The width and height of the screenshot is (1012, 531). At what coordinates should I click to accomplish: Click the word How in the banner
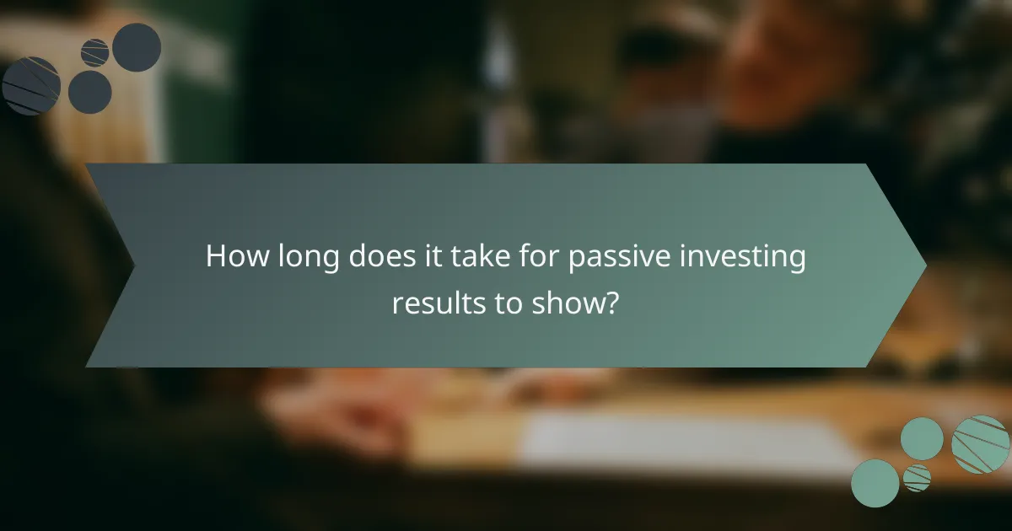(238, 257)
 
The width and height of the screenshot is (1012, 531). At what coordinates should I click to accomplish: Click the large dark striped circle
(31, 85)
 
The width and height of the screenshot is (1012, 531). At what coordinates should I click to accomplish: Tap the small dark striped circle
(94, 52)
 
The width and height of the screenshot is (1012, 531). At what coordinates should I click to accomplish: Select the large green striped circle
(980, 444)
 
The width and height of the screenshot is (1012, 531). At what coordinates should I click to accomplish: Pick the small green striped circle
(917, 478)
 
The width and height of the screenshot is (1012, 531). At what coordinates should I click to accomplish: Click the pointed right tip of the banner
(925, 265)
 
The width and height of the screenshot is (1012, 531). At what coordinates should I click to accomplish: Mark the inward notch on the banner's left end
(134, 265)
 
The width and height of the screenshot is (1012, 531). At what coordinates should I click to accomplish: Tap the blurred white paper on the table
(675, 442)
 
